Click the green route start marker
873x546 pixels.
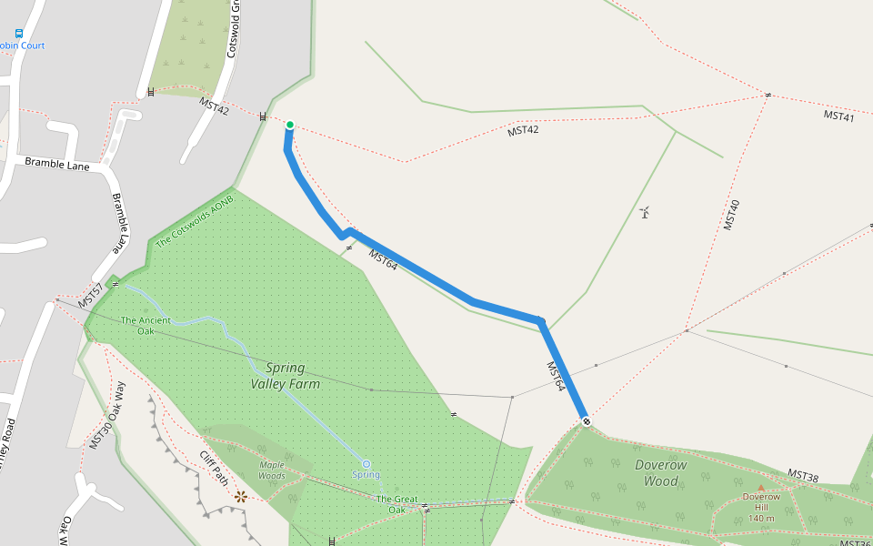(x=290, y=125)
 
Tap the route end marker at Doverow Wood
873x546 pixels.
(x=587, y=420)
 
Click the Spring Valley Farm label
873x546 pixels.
(x=285, y=376)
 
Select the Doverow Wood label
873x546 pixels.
(x=661, y=472)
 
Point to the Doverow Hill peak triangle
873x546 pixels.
(x=761, y=488)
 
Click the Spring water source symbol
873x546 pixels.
(x=366, y=464)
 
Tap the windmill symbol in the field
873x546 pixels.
(x=645, y=213)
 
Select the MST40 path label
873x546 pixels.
(x=732, y=214)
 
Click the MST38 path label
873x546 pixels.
(x=803, y=476)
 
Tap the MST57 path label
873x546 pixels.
(x=89, y=295)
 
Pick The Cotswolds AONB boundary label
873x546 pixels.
(x=195, y=221)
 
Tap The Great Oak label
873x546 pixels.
(x=396, y=504)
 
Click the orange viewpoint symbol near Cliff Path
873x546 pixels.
(x=241, y=496)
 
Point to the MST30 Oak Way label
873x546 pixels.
(x=107, y=415)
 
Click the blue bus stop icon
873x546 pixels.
(x=18, y=33)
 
